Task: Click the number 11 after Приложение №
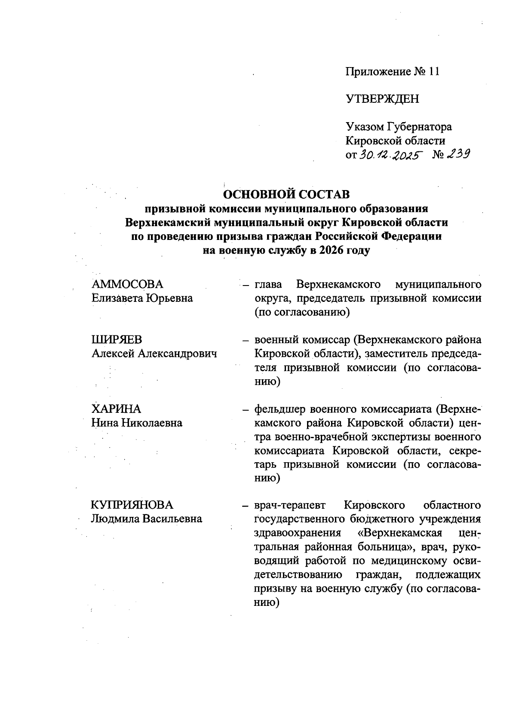(434, 71)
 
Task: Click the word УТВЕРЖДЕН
(382, 99)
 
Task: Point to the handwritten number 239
(457, 154)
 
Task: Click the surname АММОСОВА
(128, 284)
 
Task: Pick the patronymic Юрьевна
(170, 298)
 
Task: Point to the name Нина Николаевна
(137, 423)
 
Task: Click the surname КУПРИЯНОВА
(132, 505)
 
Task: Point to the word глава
(268, 284)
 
